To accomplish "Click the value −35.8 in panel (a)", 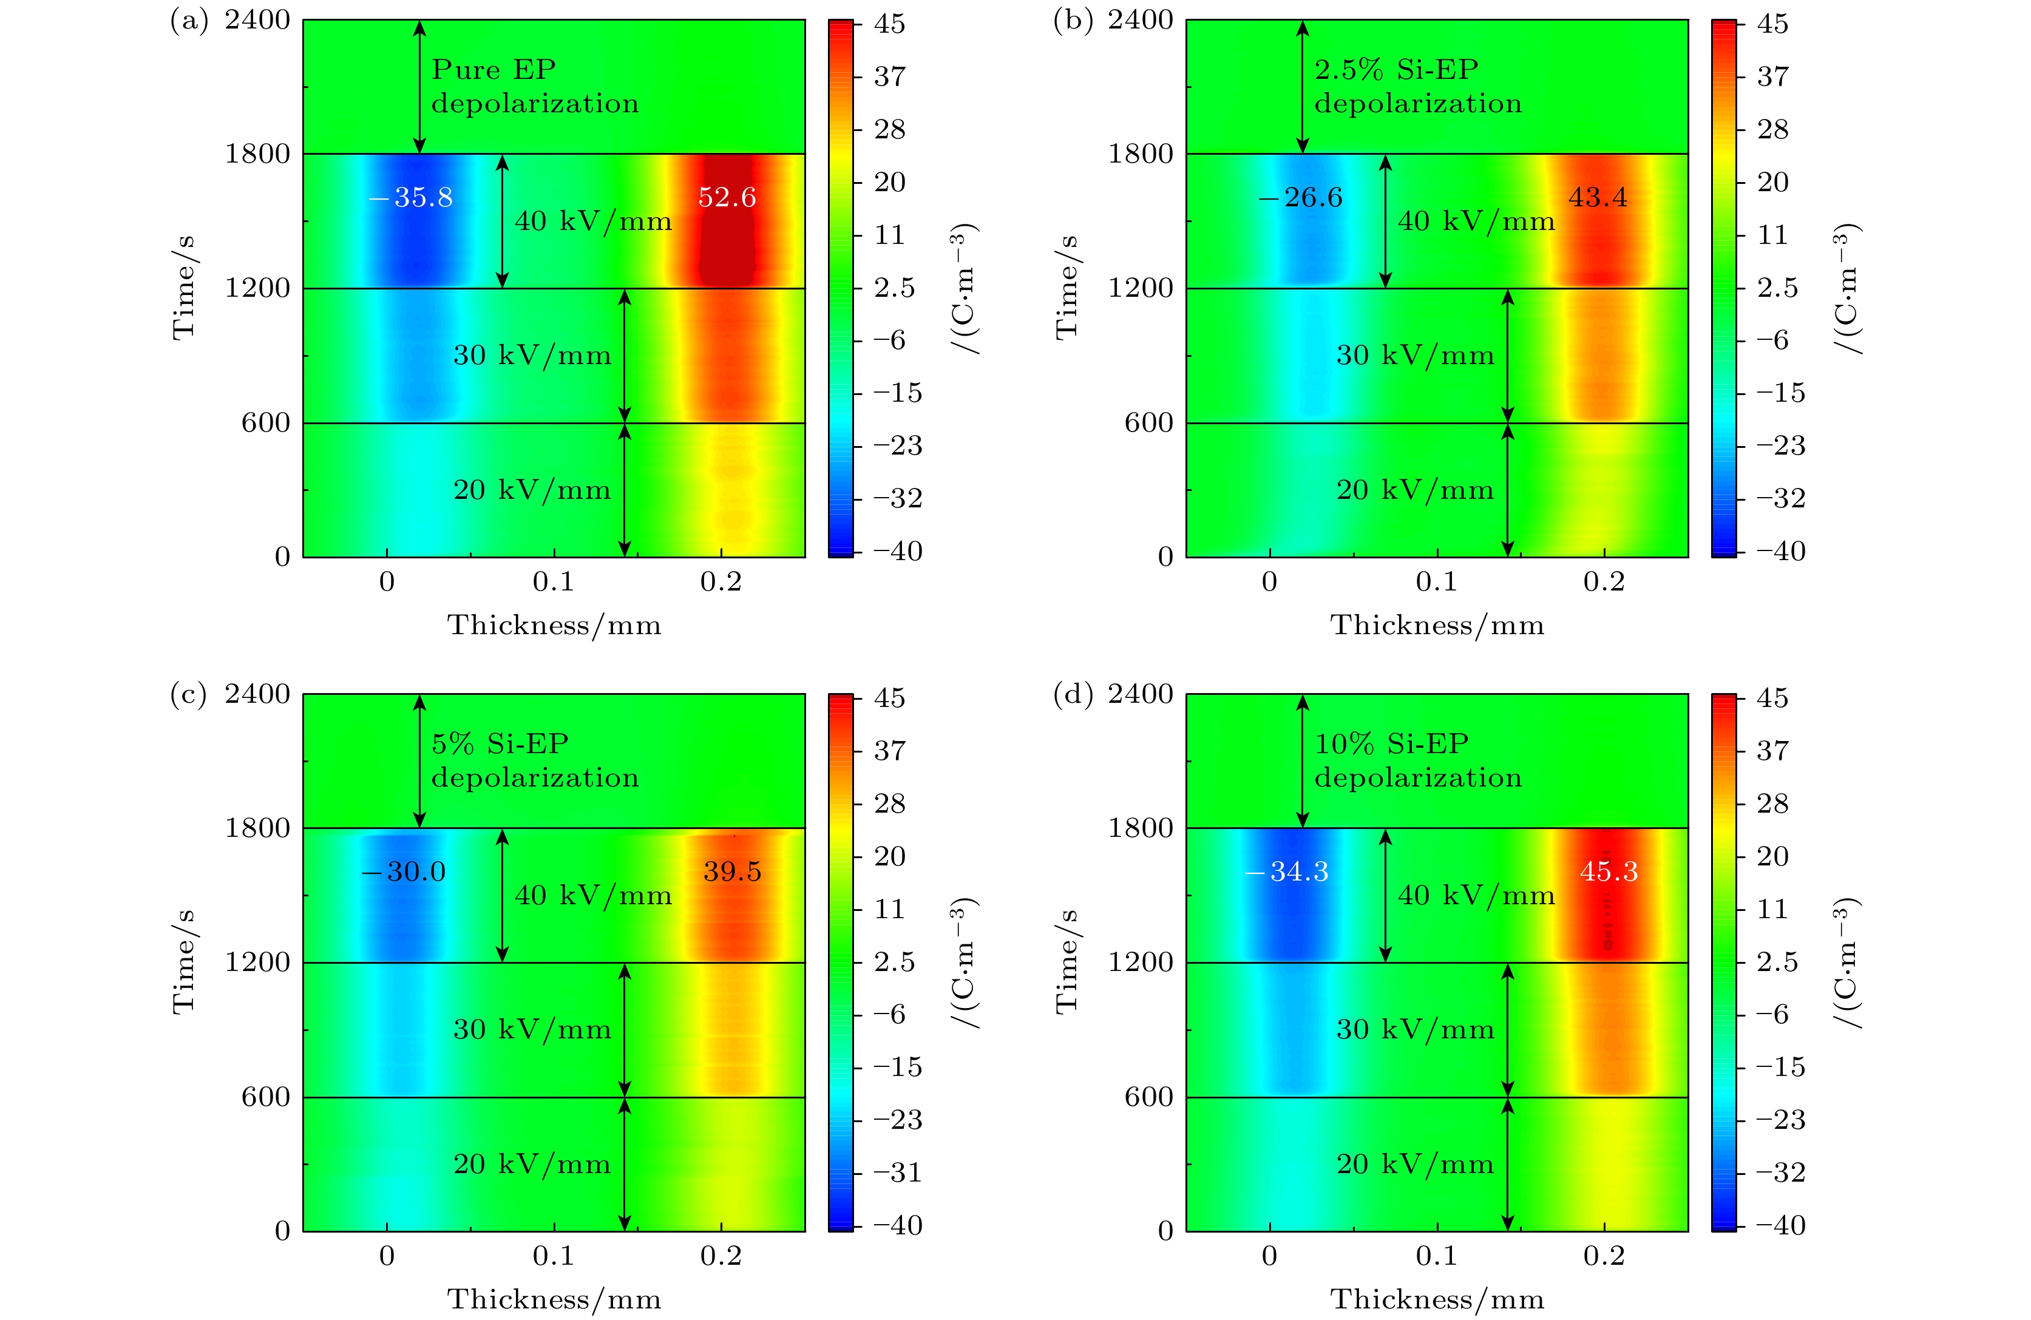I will point(412,198).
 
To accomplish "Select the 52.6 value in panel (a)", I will point(727,198).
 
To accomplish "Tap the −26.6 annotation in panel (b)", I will point(1301,198).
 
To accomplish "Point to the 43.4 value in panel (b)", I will point(1598,198).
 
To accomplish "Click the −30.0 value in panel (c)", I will point(404,872).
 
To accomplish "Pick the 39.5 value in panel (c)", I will point(732,872).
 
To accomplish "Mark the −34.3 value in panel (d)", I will point(1287,872).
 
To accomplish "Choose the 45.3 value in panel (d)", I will point(1609,872).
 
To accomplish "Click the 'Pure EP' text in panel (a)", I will point(493,70).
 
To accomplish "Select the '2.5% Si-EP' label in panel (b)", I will point(1396,70).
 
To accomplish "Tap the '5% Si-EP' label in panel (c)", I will point(500,744).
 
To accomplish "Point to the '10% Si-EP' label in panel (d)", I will point(1391,744).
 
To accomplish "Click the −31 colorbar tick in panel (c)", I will point(898,1173).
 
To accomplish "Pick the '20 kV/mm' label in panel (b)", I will point(1415,490).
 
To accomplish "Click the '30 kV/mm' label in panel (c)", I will point(532,1030).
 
